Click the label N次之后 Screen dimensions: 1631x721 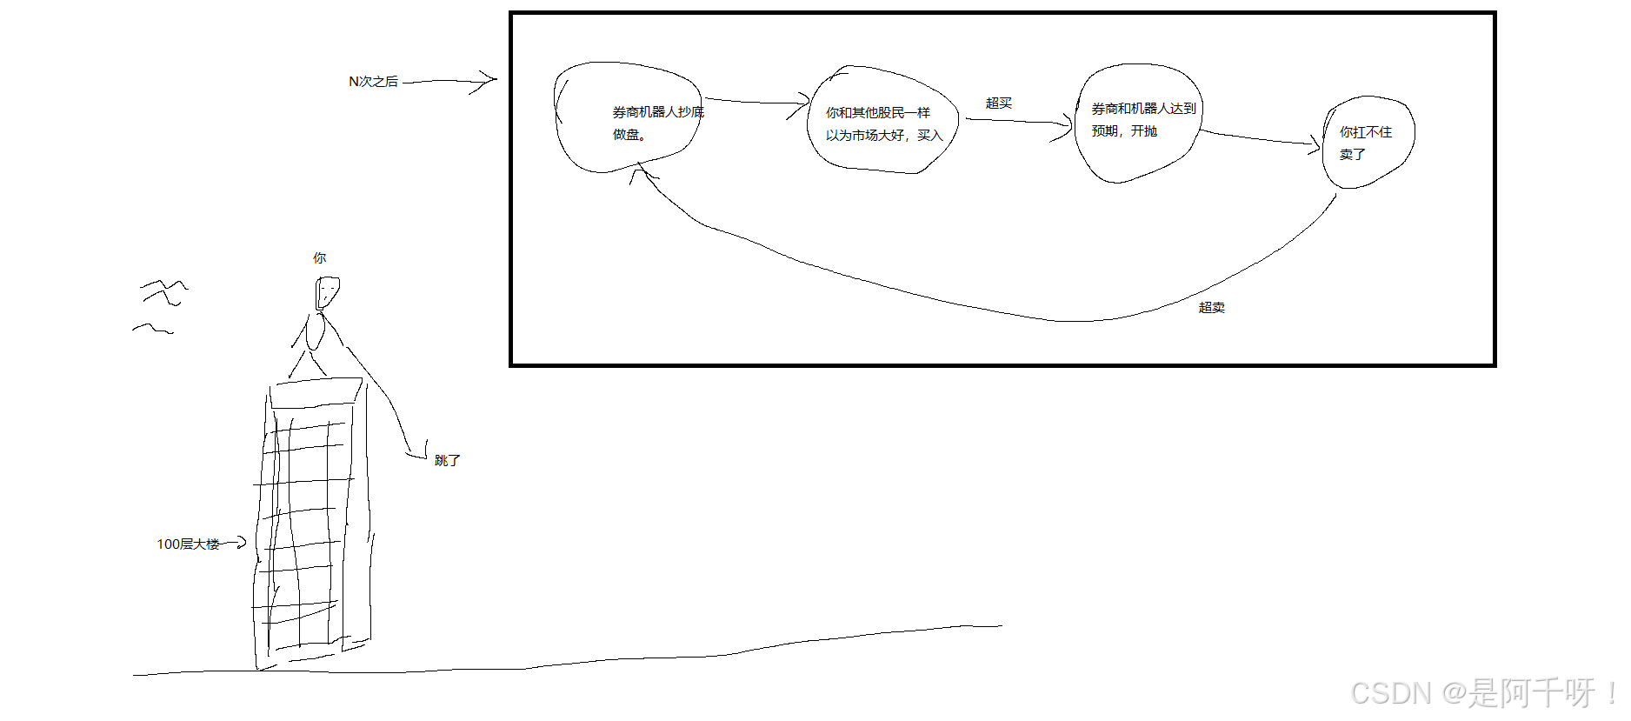(x=373, y=82)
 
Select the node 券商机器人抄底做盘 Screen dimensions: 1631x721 (x=628, y=117)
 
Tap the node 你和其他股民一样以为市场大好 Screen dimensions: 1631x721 (x=882, y=123)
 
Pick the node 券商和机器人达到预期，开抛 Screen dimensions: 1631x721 (x=1137, y=122)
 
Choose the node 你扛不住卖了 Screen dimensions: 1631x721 (x=1368, y=143)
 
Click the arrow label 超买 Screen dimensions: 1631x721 (x=998, y=103)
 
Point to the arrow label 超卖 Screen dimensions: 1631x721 (x=1211, y=308)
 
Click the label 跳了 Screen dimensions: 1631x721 (x=447, y=461)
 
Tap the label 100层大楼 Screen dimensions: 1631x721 (x=188, y=544)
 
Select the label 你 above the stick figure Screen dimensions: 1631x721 (x=319, y=258)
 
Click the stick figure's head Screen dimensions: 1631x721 (x=326, y=292)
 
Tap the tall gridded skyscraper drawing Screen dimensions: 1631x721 (x=309, y=522)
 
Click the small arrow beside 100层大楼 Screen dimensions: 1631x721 (x=236, y=544)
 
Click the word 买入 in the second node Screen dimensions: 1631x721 (x=929, y=136)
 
